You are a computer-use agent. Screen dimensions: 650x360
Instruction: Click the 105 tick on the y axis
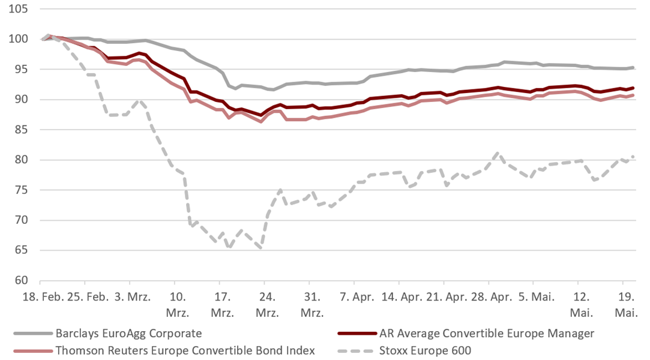click(x=18, y=8)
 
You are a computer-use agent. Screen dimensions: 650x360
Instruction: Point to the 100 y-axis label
click(x=18, y=39)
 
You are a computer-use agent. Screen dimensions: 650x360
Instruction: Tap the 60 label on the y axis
click(x=20, y=280)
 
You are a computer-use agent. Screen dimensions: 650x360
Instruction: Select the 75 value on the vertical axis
click(x=20, y=190)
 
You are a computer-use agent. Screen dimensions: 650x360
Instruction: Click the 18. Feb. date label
click(x=43, y=297)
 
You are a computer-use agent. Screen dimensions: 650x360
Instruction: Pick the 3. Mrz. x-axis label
click(x=133, y=297)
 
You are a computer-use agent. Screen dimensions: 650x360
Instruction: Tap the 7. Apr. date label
click(x=357, y=297)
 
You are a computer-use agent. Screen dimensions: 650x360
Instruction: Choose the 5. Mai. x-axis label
click(x=536, y=297)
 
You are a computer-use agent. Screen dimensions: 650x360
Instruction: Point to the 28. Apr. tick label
click(x=491, y=297)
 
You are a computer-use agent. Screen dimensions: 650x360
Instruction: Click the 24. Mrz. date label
click(x=267, y=304)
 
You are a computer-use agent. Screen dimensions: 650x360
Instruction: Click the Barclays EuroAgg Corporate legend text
click(x=128, y=334)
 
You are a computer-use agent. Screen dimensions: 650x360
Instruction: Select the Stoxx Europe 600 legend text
click(x=425, y=351)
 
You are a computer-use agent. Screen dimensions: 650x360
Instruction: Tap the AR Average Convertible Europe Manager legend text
click(x=487, y=334)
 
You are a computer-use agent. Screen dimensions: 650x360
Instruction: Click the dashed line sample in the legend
click(x=355, y=352)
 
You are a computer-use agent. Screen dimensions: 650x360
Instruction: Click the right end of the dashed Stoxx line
click(x=633, y=157)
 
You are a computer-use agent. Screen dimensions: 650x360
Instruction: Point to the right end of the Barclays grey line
click(x=633, y=68)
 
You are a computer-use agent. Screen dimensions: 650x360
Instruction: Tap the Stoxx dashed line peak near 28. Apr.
click(x=498, y=153)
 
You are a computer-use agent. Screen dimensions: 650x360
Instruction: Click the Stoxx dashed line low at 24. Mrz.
click(x=260, y=248)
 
